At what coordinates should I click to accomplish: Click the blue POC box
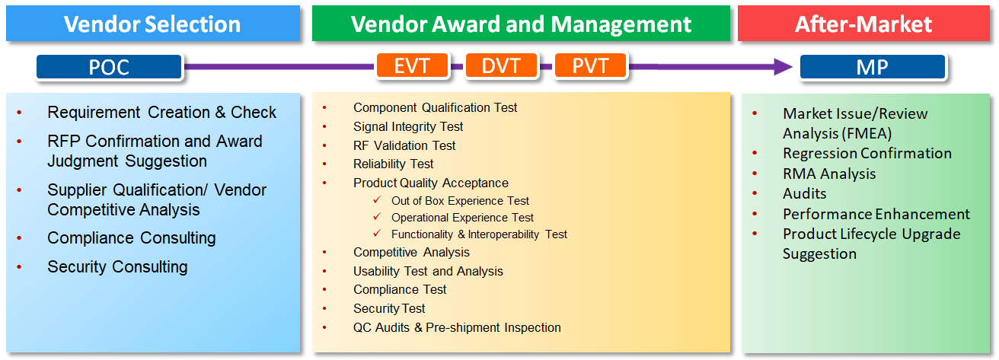pyautogui.click(x=110, y=67)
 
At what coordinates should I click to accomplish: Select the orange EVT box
pyautogui.click(x=412, y=66)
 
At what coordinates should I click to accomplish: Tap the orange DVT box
pyautogui.click(x=501, y=66)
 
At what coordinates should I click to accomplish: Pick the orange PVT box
pyautogui.click(x=590, y=66)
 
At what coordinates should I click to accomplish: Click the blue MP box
pyautogui.click(x=873, y=67)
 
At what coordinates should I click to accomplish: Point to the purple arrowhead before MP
pyautogui.click(x=784, y=67)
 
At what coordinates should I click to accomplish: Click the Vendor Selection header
pyautogui.click(x=153, y=24)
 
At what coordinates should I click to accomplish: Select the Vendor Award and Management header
pyautogui.click(x=521, y=24)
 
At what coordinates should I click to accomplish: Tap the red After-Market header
pyautogui.click(x=864, y=24)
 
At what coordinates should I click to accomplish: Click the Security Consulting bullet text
pyautogui.click(x=117, y=267)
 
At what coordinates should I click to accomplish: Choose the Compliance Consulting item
pyautogui.click(x=132, y=238)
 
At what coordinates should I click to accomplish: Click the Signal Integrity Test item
pyautogui.click(x=408, y=126)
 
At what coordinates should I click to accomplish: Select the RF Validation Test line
pyautogui.click(x=404, y=145)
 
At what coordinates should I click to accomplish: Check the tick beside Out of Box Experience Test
pyautogui.click(x=378, y=199)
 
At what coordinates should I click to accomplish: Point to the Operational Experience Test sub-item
pyautogui.click(x=462, y=218)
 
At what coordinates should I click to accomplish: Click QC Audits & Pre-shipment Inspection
pyautogui.click(x=457, y=327)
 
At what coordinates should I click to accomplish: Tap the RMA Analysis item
pyautogui.click(x=829, y=174)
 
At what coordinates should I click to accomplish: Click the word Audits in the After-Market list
pyautogui.click(x=805, y=193)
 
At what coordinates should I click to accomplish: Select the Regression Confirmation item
pyautogui.click(x=867, y=153)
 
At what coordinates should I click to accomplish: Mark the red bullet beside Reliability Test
pyautogui.click(x=324, y=164)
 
